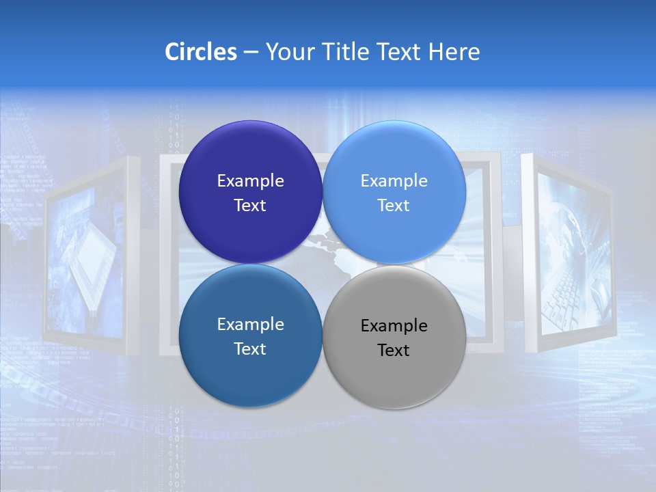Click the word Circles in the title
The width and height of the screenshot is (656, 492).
200,52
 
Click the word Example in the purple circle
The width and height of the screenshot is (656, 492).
250,181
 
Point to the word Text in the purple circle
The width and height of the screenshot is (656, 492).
250,206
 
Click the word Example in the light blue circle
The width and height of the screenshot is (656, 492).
394,181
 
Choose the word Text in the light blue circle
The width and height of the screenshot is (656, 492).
394,206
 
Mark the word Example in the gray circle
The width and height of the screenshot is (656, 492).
394,326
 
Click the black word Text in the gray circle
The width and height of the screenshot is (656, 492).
394,351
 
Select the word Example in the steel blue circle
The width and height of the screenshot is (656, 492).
250,325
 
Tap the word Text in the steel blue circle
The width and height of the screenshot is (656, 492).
250,349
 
